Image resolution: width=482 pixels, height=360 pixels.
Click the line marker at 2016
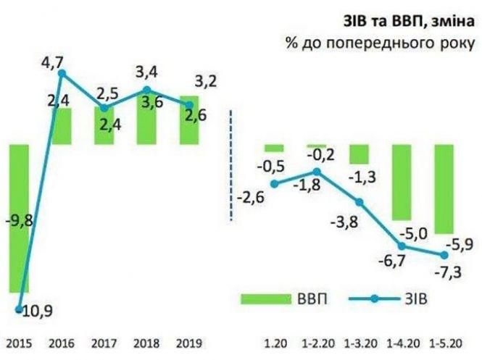(x=62, y=72)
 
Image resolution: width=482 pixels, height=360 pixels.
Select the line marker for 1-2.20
(x=317, y=172)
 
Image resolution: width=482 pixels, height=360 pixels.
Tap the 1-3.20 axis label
(x=361, y=342)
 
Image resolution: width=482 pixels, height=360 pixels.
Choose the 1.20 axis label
(x=275, y=342)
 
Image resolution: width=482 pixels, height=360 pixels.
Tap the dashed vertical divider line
(x=231, y=164)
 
